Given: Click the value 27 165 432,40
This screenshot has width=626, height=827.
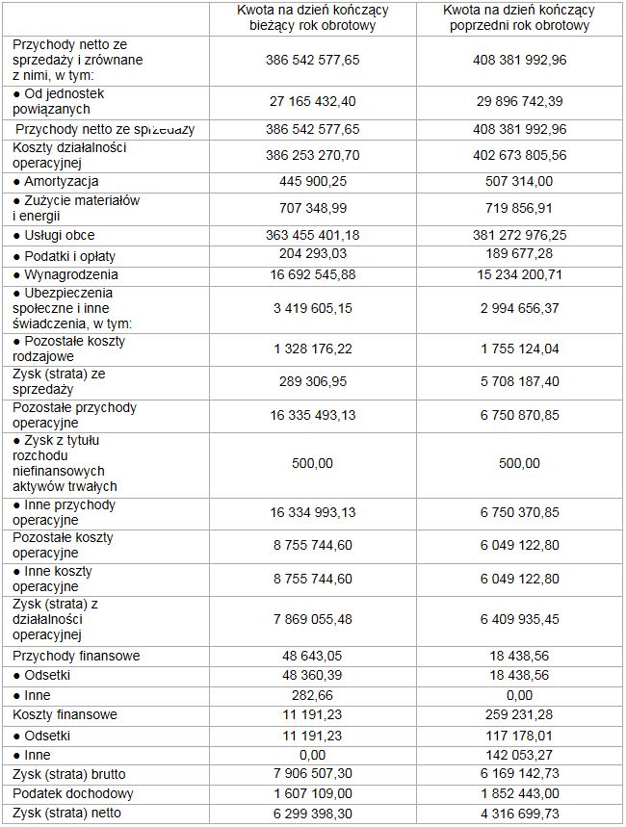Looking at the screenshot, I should (312, 101).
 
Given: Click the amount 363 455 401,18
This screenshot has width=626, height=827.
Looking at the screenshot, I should (312, 235).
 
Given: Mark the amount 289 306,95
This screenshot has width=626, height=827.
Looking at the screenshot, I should (312, 382).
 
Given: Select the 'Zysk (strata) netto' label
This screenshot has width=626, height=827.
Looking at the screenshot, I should (65, 814).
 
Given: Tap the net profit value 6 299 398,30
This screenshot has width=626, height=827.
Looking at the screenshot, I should (312, 814).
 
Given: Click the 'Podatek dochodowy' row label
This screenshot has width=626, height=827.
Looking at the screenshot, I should (66, 794).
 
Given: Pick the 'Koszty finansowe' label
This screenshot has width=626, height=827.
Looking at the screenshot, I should (65, 715).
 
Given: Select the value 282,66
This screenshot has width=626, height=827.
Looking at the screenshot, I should (312, 695).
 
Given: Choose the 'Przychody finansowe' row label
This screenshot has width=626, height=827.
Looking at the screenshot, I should (76, 656).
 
